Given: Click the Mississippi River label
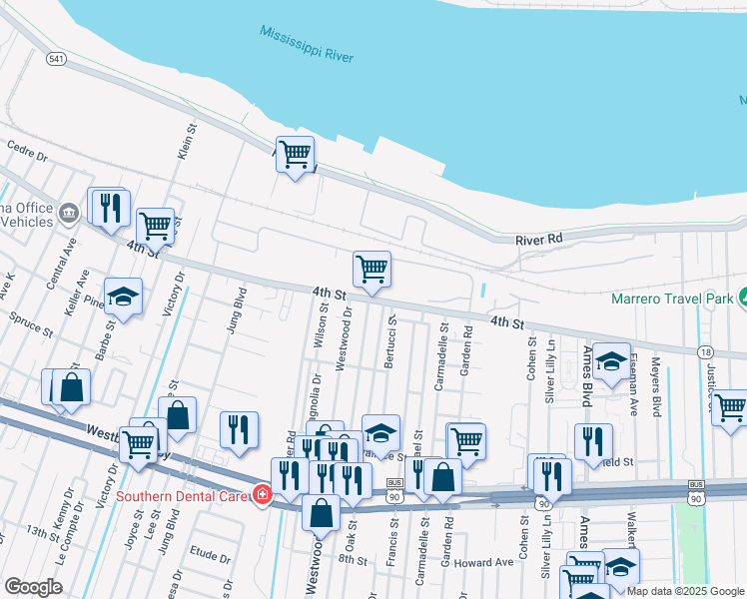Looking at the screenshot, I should (307, 44).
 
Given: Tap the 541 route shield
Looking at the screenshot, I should (56, 60).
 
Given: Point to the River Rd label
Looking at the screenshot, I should (539, 241).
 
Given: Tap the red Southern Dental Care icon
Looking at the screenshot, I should (262, 494).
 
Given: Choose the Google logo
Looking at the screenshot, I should (33, 587).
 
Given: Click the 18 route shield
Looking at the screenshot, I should (706, 351).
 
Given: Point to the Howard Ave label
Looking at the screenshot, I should (483, 562).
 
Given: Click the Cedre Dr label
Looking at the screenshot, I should (27, 156).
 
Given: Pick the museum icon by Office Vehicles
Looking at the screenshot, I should (68, 212).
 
